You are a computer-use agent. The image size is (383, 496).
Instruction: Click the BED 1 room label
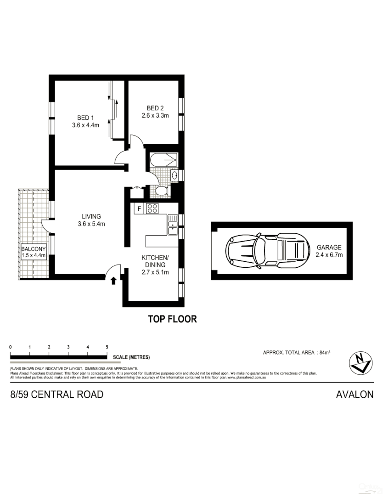click(x=85, y=118)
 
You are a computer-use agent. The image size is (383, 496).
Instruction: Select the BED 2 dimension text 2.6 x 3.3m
click(x=155, y=116)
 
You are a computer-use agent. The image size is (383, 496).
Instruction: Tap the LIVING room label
click(x=91, y=216)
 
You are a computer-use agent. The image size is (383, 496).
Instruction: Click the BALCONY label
click(x=33, y=249)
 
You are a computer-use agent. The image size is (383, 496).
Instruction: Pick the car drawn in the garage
click(x=265, y=250)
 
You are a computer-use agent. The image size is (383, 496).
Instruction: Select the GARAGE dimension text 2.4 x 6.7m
click(x=329, y=254)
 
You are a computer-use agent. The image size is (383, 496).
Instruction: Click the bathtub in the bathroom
click(x=163, y=160)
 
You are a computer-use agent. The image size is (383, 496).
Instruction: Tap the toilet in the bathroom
click(x=160, y=191)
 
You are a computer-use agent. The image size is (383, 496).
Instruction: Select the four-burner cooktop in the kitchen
click(x=152, y=209)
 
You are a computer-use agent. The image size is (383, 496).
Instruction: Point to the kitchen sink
click(x=173, y=227)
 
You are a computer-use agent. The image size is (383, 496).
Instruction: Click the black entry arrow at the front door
click(x=113, y=281)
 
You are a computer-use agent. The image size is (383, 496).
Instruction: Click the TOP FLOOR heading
click(x=172, y=319)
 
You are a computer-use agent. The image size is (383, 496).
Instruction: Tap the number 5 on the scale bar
click(x=107, y=347)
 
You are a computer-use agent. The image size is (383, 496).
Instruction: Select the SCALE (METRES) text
click(x=130, y=357)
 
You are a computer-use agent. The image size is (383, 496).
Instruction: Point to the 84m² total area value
click(x=325, y=352)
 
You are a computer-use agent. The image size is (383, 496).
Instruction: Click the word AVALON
click(x=355, y=394)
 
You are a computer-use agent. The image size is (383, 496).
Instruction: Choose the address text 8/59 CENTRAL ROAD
click(x=57, y=394)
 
